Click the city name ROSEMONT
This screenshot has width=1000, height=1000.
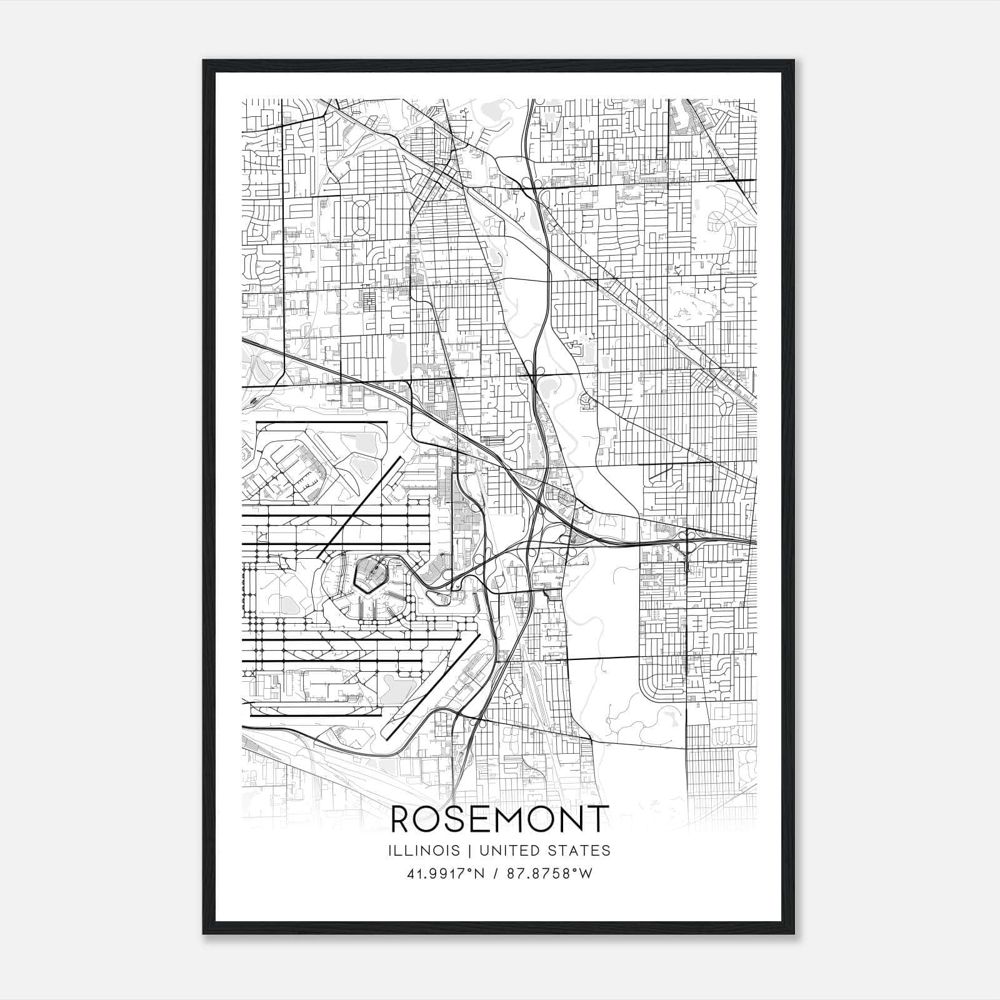pos(499,819)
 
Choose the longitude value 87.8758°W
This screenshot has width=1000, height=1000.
pos(548,874)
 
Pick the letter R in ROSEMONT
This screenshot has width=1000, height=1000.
pos(402,819)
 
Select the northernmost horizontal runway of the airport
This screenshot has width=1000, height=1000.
pos(322,422)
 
